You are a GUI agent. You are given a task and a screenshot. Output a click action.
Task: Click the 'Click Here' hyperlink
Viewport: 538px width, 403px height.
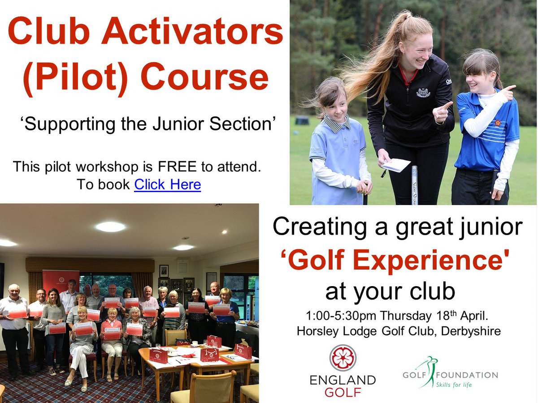point(167,184)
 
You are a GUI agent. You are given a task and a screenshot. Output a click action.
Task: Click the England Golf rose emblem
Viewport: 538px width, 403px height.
point(343,358)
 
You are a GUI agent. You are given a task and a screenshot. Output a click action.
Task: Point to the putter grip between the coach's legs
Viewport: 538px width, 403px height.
point(414,184)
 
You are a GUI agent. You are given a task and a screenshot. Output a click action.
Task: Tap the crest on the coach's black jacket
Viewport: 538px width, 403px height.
point(423,93)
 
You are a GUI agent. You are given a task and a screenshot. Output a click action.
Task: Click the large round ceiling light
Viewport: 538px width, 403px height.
point(110,227)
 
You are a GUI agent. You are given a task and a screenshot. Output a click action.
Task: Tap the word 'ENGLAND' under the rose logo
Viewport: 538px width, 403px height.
point(343,380)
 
